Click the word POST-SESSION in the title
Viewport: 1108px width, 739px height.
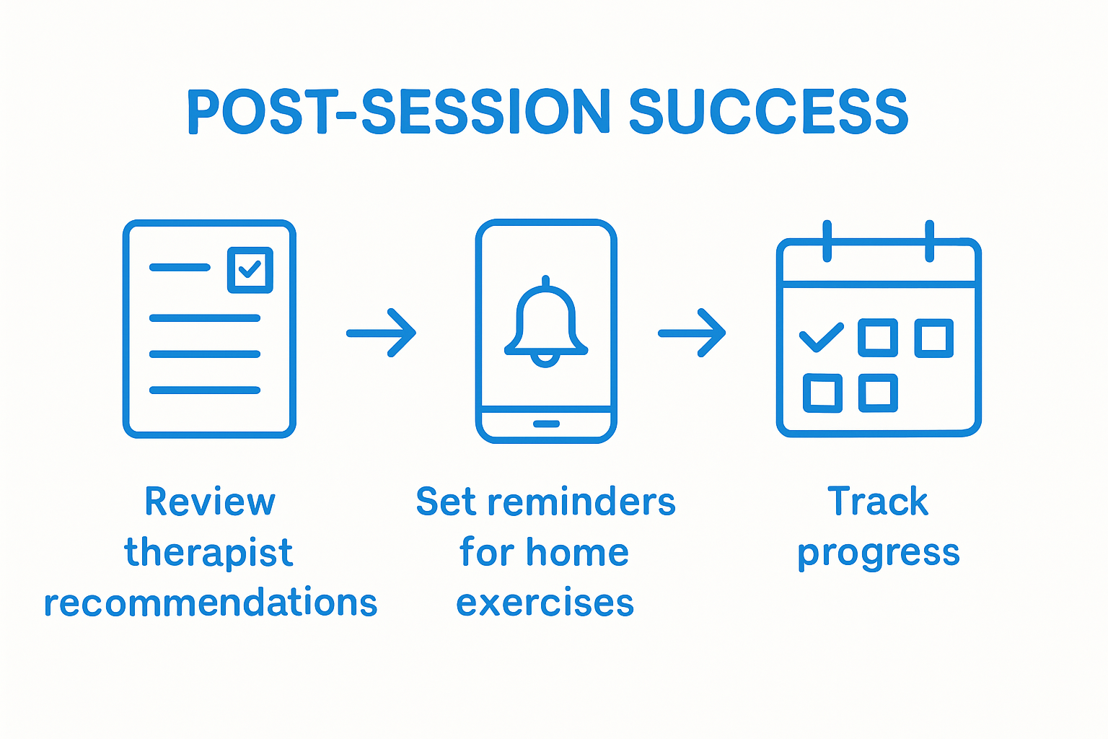398,113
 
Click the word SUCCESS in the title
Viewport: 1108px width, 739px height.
768,113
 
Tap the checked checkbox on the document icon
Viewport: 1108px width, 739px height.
250,270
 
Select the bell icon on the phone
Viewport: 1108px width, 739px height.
546,322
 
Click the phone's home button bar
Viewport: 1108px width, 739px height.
546,424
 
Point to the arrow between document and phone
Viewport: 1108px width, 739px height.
382,333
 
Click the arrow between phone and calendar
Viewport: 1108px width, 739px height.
692,333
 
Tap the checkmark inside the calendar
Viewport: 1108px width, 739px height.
821,337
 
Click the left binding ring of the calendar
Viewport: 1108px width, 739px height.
827,241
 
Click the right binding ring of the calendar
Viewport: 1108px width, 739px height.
930,241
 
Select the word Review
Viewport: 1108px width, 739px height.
210,502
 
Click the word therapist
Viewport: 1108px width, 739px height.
208,554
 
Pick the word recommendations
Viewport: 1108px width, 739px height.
211,603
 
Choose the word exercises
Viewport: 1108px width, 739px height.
545,603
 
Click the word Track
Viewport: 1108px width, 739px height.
878,502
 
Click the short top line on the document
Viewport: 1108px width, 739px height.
180,267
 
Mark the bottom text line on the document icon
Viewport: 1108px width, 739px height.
204,390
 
